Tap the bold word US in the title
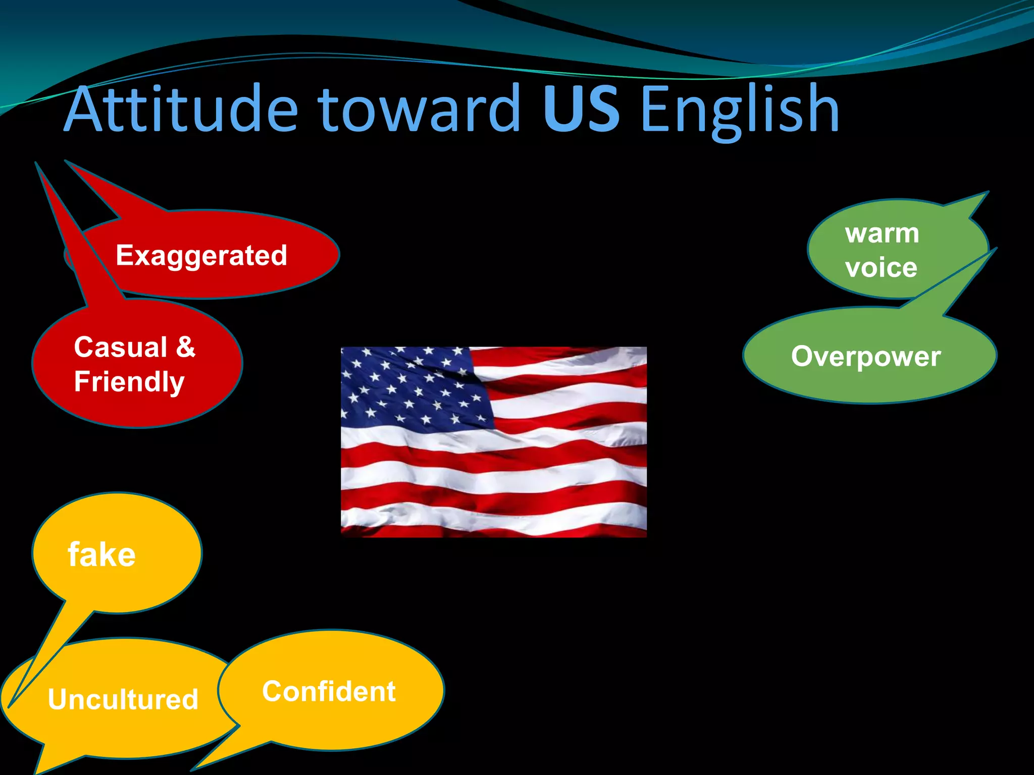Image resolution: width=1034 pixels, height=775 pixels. [581, 108]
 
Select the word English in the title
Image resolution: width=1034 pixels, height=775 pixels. [739, 110]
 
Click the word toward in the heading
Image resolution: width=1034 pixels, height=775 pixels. [419, 108]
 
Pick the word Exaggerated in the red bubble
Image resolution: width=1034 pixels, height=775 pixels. [201, 255]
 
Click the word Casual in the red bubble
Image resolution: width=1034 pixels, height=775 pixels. [121, 348]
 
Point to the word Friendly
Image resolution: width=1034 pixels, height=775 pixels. [129, 382]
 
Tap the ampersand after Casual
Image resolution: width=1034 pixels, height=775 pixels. [185, 348]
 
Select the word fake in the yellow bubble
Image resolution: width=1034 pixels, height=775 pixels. [101, 555]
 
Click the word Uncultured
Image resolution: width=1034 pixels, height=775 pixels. [123, 699]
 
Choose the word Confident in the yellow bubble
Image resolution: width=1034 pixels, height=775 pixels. [329, 691]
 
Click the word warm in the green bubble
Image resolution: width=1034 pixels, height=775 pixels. [882, 234]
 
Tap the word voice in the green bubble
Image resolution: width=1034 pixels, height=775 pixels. [881, 267]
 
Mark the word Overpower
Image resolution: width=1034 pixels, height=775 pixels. [866, 357]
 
